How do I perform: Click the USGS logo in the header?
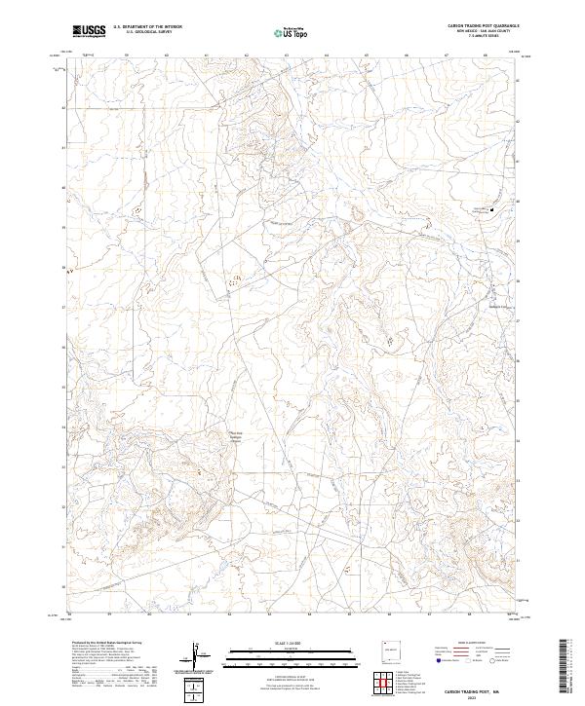(x=88, y=31)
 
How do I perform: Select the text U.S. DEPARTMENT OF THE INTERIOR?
(x=147, y=28)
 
